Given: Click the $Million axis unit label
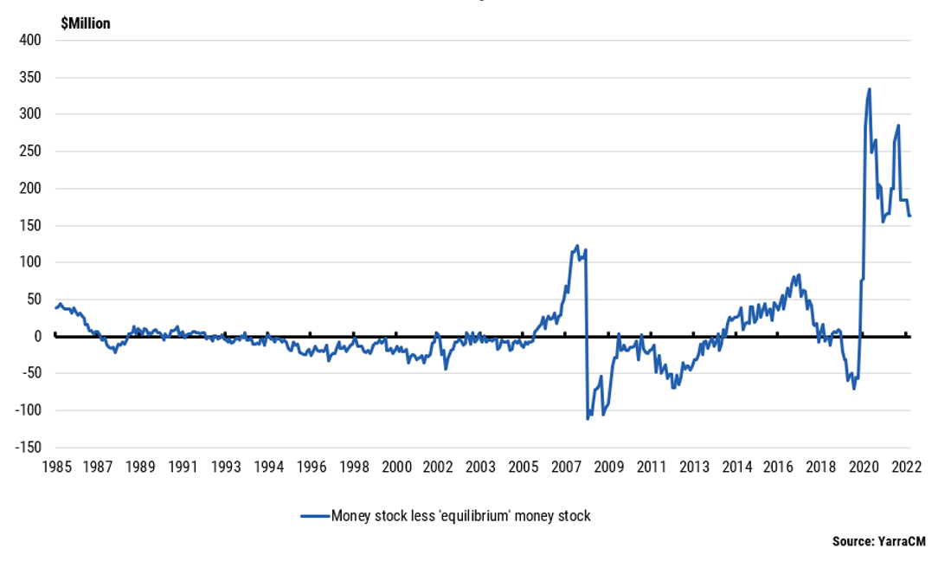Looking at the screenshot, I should tap(85, 23).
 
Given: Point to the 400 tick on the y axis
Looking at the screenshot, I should tap(30, 40).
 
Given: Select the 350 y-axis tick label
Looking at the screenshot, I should tap(30, 77).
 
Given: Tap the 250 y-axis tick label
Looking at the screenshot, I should tap(30, 152).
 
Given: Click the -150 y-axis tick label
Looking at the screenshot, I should tap(28, 447).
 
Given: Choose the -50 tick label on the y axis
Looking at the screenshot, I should tap(30, 373).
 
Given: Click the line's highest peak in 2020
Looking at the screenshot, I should tap(869, 89).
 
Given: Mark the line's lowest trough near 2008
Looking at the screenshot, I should tap(588, 419).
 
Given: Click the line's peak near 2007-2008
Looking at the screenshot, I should tap(577, 246).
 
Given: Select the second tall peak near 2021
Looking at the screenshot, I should tap(898, 126).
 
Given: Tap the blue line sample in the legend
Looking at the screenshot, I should tap(315, 516).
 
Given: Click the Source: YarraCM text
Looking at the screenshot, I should tap(878, 541).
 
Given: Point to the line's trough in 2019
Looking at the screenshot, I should tap(854, 389).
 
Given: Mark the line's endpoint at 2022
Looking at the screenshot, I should tap(909, 216).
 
